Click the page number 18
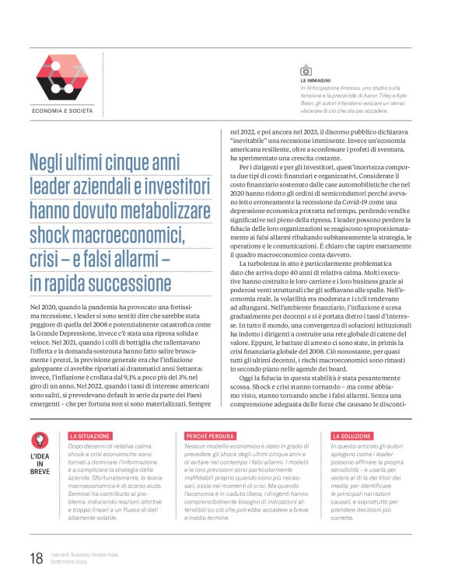tap(36, 556)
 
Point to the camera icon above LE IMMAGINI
tap(306, 71)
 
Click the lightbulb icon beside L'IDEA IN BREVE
tap(40, 440)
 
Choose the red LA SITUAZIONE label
tap(91, 436)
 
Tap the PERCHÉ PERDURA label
tap(210, 436)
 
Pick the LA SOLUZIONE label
tap(352, 436)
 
